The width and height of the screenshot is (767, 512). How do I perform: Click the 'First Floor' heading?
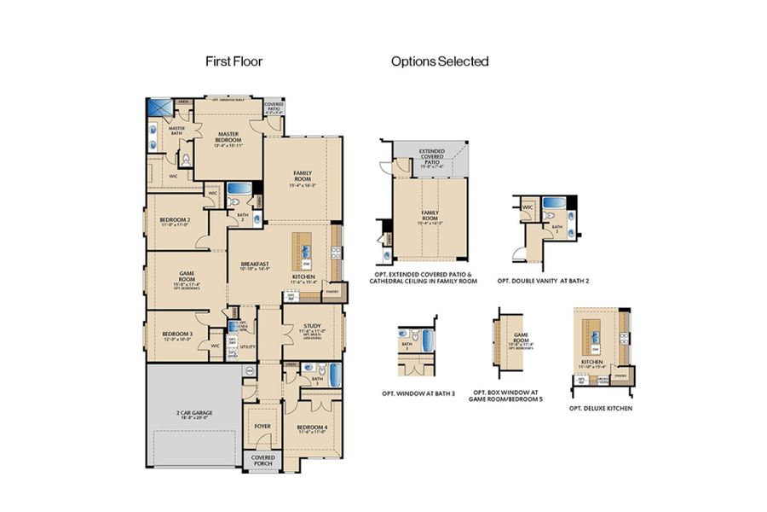coord(234,61)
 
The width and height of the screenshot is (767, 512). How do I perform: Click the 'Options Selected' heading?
coord(440,61)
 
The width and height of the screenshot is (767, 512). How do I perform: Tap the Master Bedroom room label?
coord(228,137)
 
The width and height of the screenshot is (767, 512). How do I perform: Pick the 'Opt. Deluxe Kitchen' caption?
coord(600,409)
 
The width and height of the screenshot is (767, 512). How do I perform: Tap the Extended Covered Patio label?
coord(431,158)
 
